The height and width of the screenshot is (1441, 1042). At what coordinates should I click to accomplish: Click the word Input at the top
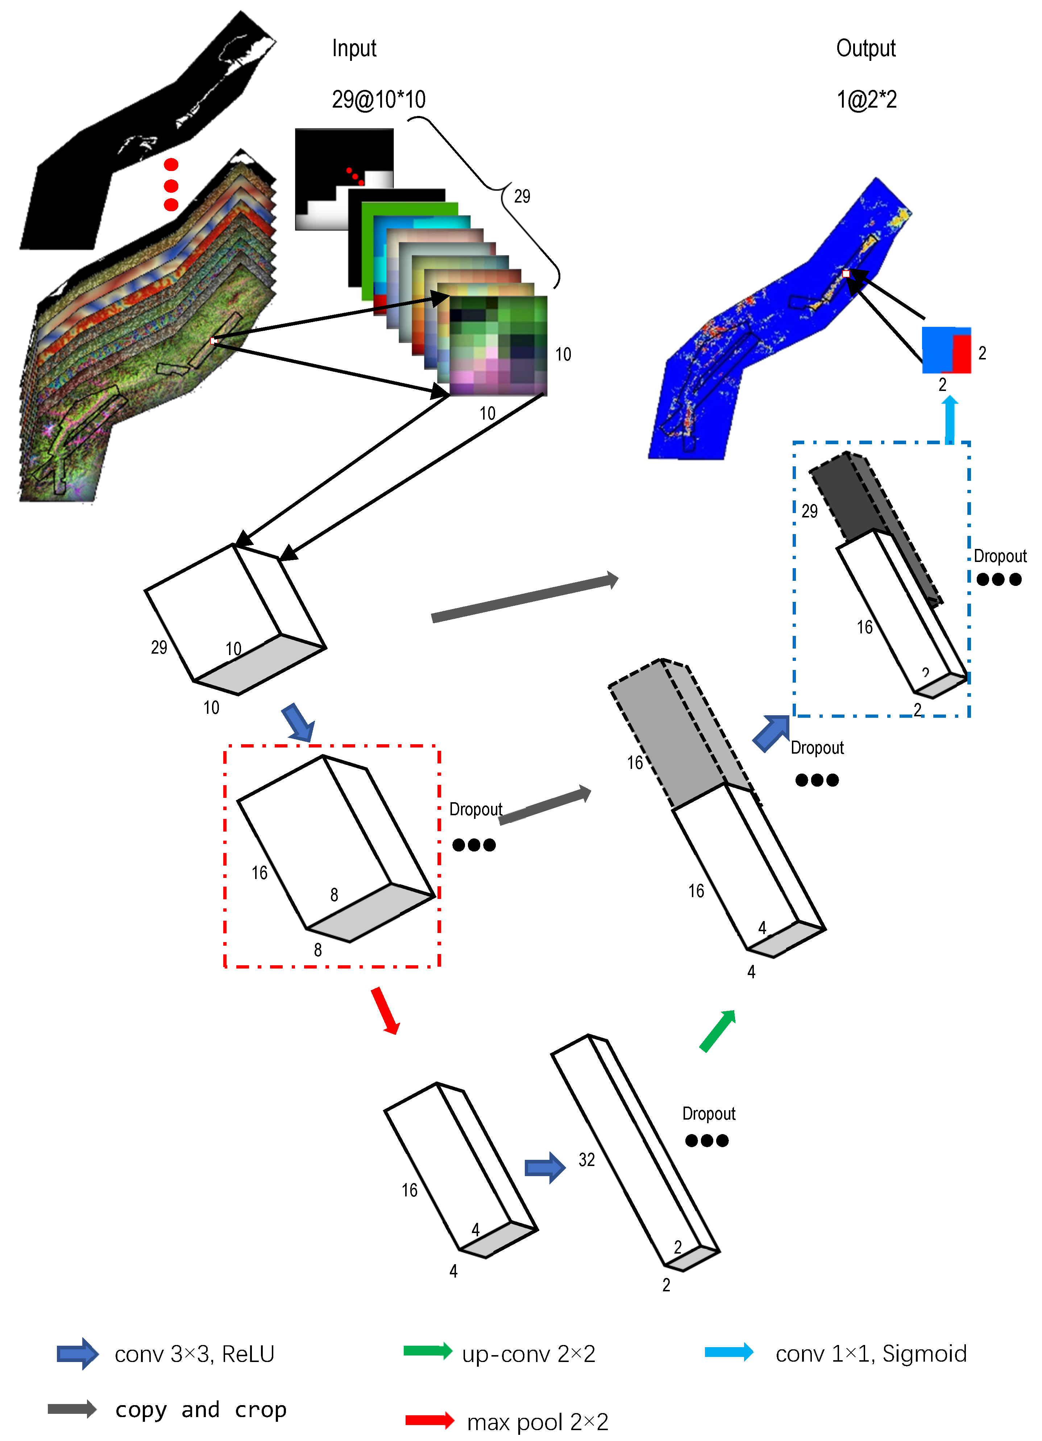pyautogui.click(x=354, y=48)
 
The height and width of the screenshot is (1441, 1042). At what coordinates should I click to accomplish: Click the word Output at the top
pyautogui.click(x=865, y=48)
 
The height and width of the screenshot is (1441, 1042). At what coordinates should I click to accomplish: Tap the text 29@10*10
pyautogui.click(x=379, y=100)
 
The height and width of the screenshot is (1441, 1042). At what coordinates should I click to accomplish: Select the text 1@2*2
pyautogui.click(x=866, y=100)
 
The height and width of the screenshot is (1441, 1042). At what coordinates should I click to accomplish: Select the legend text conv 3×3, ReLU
pyautogui.click(x=194, y=1354)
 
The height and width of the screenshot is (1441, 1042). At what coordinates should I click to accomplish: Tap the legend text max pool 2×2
pyautogui.click(x=537, y=1422)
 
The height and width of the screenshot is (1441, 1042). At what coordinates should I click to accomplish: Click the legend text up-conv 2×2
pyautogui.click(x=529, y=1354)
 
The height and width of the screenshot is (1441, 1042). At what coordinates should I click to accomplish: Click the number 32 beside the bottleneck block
pyautogui.click(x=586, y=1160)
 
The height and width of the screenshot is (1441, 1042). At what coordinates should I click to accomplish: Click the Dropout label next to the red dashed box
pyautogui.click(x=475, y=809)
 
